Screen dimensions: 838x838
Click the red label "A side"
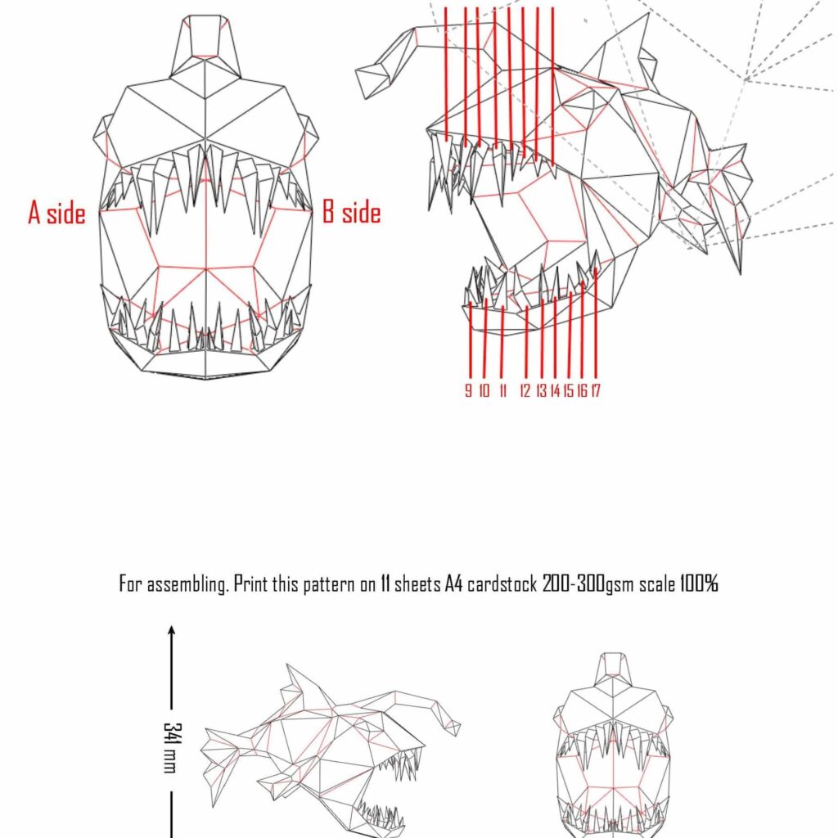pyautogui.click(x=56, y=214)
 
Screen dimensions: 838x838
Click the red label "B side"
pyautogui.click(x=351, y=213)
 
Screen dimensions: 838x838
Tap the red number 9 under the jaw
pyautogui.click(x=468, y=391)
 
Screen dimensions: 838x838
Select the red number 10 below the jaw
pyautogui.click(x=484, y=391)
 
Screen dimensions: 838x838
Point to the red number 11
pyautogui.click(x=502, y=391)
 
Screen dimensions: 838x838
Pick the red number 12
pyautogui.click(x=525, y=391)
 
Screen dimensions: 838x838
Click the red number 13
pyautogui.click(x=541, y=391)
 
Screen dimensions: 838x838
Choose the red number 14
pyautogui.click(x=555, y=391)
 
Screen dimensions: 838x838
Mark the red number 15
pyautogui.click(x=568, y=391)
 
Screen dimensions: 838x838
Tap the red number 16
pyautogui.click(x=582, y=391)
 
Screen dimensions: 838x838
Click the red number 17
pyautogui.click(x=596, y=391)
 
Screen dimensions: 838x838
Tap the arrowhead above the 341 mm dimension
pyautogui.click(x=172, y=630)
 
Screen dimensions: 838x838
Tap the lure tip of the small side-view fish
pyautogui.click(x=452, y=725)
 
